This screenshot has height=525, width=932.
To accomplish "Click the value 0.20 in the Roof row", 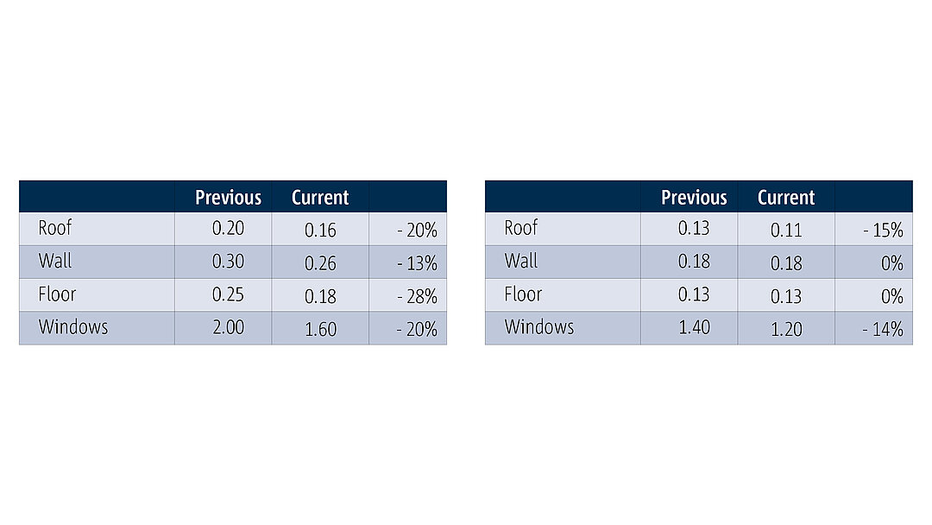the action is pyautogui.click(x=228, y=228).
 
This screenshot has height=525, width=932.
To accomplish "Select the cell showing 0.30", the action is pyautogui.click(x=228, y=262).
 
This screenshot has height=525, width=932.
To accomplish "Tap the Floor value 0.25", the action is pyautogui.click(x=228, y=294).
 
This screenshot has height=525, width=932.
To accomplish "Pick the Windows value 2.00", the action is pyautogui.click(x=228, y=327).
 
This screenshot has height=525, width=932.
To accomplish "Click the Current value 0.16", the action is pyautogui.click(x=320, y=230).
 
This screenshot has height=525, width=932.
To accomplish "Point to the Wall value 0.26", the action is pyautogui.click(x=320, y=263).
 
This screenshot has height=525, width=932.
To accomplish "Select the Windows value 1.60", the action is pyautogui.click(x=320, y=329).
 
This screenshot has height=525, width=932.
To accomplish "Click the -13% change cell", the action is pyautogui.click(x=418, y=263).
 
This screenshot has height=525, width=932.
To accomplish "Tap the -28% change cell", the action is pyautogui.click(x=418, y=296).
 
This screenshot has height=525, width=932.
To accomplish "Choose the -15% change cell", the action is pyautogui.click(x=884, y=230).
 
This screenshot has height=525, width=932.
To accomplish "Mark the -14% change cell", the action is pyautogui.click(x=884, y=329).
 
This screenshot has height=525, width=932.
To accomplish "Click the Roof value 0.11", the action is pyautogui.click(x=786, y=230).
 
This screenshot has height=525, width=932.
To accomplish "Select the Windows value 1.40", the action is pyautogui.click(x=694, y=327).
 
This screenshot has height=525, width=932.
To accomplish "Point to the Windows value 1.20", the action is pyautogui.click(x=786, y=329).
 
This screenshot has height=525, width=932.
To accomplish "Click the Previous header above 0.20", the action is pyautogui.click(x=228, y=198).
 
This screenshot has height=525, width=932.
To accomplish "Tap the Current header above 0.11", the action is pyautogui.click(x=786, y=198).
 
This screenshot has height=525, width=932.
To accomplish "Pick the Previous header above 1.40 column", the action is pyautogui.click(x=694, y=198).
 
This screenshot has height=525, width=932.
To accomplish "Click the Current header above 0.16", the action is pyautogui.click(x=320, y=198).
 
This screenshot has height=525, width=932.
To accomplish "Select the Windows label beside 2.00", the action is pyautogui.click(x=73, y=327).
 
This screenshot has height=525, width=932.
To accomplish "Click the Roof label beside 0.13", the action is pyautogui.click(x=520, y=228).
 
